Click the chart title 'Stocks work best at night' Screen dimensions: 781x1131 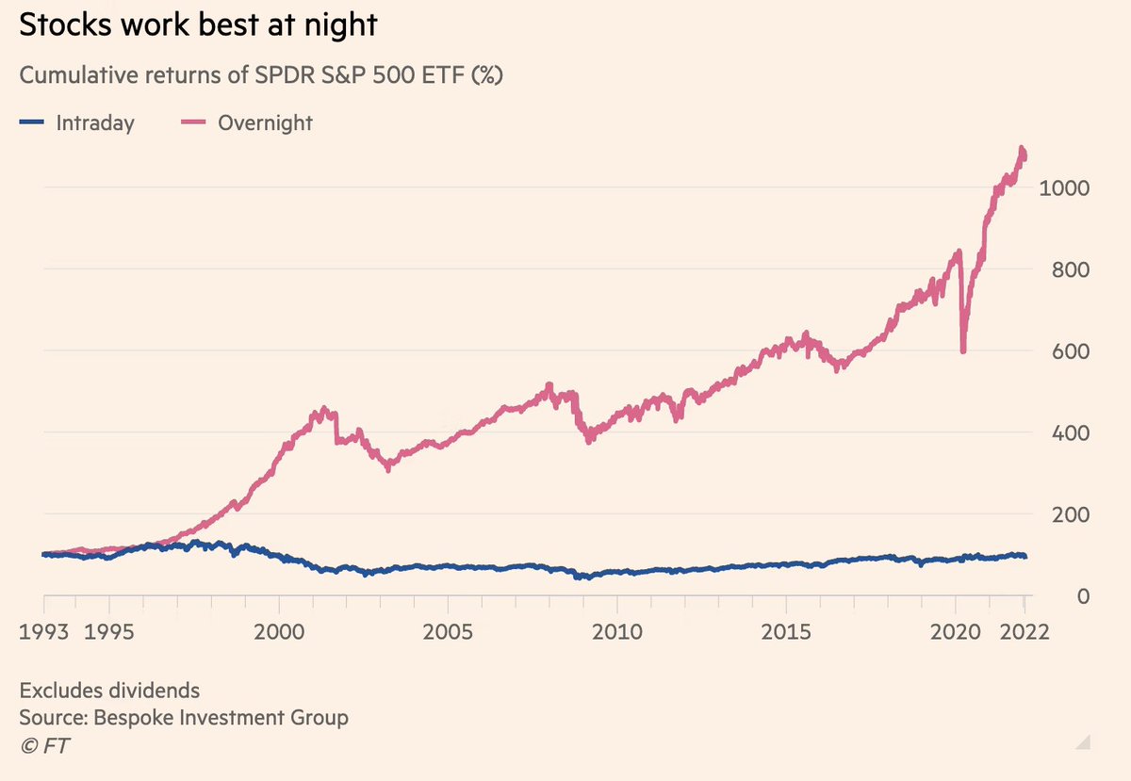click(198, 25)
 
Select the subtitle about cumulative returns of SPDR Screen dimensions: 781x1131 click(261, 76)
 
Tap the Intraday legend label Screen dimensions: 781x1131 click(94, 122)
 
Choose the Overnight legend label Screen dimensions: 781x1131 click(265, 122)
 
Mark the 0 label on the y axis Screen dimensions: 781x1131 click(1083, 596)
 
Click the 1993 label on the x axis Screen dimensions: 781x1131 click(43, 630)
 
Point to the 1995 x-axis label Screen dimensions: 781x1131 click(110, 630)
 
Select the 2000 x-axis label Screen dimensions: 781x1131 click(279, 630)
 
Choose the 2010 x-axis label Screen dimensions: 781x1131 click(617, 630)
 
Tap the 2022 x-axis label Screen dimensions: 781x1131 click(1024, 630)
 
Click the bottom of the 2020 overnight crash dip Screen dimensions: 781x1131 click(962, 350)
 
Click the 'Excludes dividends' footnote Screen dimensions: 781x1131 click(109, 691)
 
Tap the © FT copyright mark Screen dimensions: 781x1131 click(44, 745)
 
